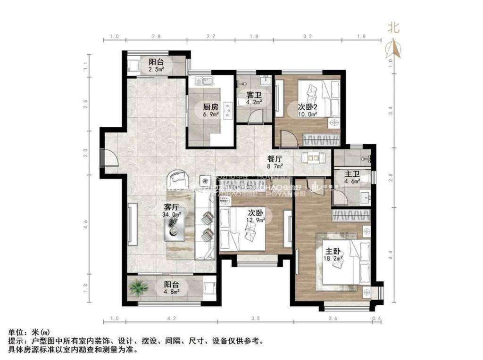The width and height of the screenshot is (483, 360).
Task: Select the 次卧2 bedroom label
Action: point(307,107)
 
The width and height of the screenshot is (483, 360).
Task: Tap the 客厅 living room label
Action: point(171,206)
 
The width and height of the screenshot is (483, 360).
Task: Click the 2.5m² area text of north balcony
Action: point(156,69)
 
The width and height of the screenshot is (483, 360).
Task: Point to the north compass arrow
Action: point(393,48)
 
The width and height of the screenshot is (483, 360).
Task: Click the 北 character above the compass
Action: point(393,28)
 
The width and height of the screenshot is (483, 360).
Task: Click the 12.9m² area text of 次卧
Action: point(255,220)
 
